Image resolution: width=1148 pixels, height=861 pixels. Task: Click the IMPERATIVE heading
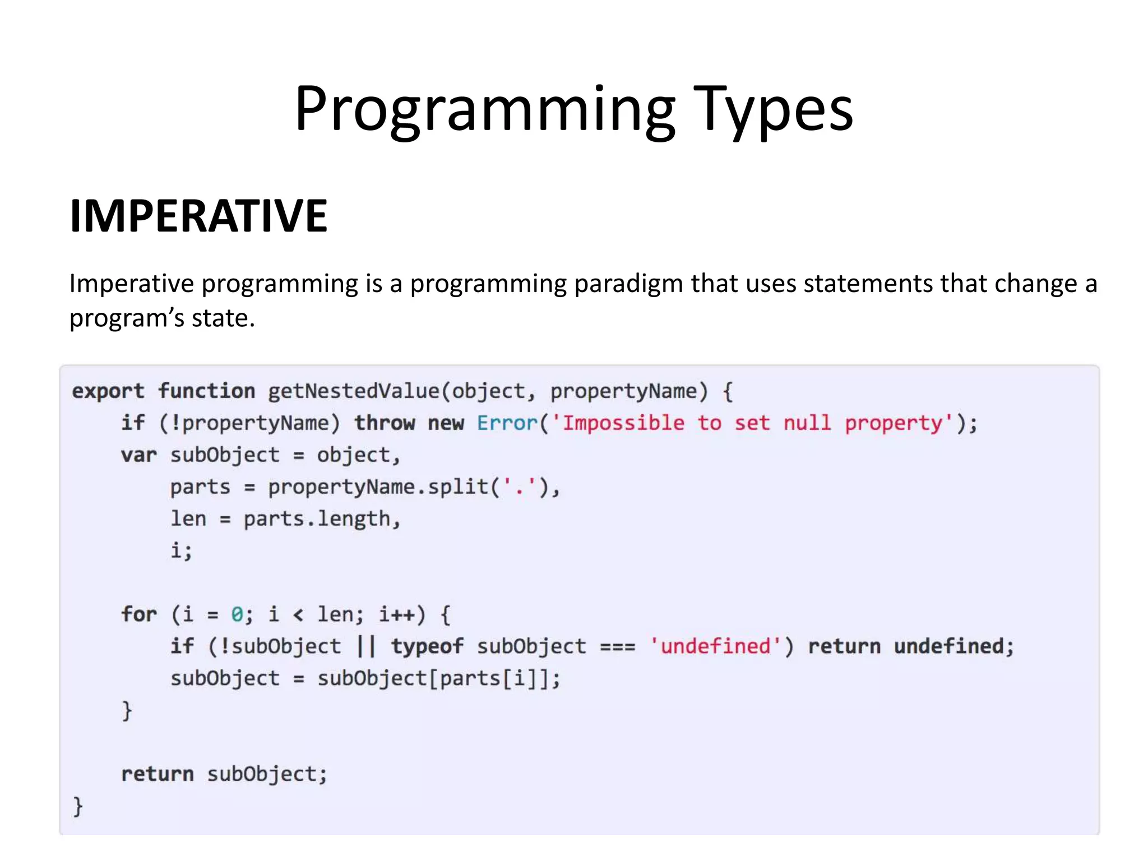198,216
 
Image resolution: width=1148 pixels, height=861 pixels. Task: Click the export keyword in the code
108,391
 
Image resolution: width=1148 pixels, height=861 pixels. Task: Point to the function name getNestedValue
354,391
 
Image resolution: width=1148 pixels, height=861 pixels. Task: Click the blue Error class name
507,423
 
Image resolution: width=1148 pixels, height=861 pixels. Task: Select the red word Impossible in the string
623,423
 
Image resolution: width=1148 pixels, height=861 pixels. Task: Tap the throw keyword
385,423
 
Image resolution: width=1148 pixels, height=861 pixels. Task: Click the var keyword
138,455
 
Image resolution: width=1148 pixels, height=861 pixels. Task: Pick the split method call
458,487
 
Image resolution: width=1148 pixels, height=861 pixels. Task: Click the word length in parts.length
354,519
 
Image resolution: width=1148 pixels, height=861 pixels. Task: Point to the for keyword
138,614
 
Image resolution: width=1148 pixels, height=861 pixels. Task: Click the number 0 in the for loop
237,614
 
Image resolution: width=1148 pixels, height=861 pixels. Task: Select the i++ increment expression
397,614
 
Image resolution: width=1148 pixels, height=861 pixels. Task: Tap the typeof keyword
427,646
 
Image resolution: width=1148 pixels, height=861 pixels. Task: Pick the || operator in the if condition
366,646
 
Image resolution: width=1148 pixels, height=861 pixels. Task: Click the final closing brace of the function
78,806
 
